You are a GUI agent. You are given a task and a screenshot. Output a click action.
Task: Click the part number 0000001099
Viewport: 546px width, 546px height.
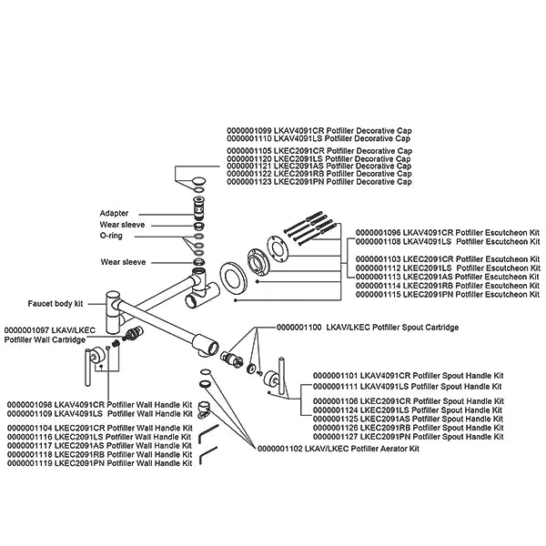(x=249, y=131)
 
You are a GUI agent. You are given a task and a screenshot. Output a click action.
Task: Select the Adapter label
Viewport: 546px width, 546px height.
(x=114, y=213)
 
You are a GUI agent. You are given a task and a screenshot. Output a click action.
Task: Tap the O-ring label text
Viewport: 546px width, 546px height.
(x=111, y=236)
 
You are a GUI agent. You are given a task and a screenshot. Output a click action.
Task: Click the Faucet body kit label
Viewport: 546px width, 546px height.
(x=56, y=304)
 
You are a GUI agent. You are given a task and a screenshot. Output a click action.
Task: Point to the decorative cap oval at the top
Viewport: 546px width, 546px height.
(x=198, y=181)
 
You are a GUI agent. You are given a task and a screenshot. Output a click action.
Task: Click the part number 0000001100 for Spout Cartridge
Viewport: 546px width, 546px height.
(x=298, y=328)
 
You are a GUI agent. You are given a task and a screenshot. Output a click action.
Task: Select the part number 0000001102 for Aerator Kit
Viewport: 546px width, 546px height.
(x=280, y=449)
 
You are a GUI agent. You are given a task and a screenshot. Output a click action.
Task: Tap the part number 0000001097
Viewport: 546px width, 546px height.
(x=26, y=330)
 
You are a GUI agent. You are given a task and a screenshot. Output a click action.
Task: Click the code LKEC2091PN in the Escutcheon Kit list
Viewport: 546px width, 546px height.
(x=428, y=295)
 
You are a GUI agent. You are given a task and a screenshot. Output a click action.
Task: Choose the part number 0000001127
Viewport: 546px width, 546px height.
(x=335, y=437)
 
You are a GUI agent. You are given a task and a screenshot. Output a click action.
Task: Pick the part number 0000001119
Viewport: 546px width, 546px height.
(x=30, y=463)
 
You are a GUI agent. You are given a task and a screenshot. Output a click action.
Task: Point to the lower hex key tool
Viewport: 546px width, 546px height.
(x=208, y=455)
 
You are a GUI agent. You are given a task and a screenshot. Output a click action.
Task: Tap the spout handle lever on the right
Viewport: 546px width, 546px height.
(x=282, y=375)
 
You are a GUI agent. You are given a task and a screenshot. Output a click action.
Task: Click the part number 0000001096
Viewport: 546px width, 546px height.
(x=378, y=233)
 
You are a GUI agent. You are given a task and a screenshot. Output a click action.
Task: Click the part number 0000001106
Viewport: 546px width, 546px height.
(x=335, y=401)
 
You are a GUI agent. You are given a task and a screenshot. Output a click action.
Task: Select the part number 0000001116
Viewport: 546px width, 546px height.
(x=30, y=437)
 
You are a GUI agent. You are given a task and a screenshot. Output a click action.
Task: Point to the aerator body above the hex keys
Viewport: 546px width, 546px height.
(x=205, y=409)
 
